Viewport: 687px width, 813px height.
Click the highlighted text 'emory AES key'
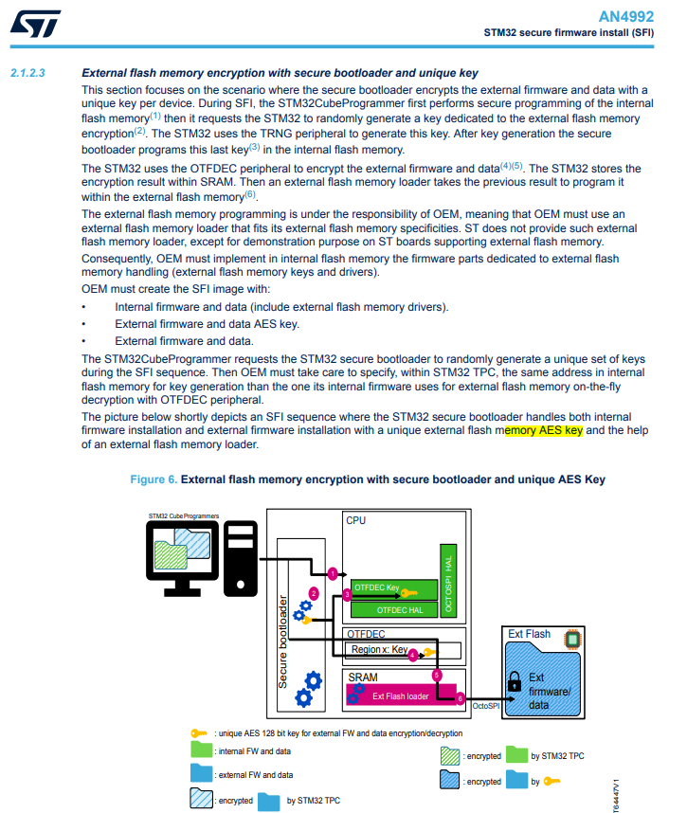click(x=543, y=430)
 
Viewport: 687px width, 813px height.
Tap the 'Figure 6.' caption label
click(x=153, y=479)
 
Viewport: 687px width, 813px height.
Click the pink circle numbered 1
click(x=332, y=573)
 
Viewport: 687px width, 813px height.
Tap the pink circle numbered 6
click(x=461, y=698)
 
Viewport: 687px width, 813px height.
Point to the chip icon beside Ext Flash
click(x=571, y=639)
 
